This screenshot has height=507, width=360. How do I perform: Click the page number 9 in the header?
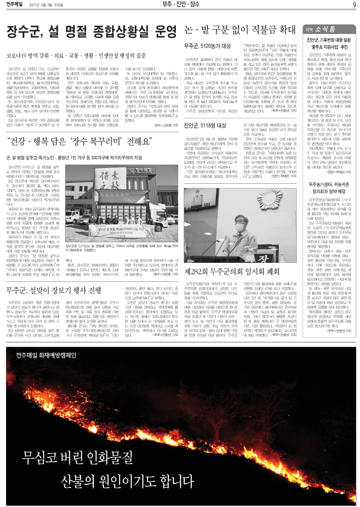click(x=354, y=5)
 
